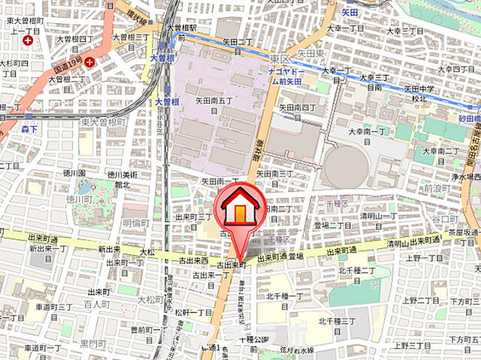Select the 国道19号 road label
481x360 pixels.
(x=67, y=67)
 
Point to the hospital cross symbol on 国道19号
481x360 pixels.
(x=89, y=62)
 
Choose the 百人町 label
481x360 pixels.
(x=98, y=304)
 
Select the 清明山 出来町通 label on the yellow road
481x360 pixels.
(x=425, y=245)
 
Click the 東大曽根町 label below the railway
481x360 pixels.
(x=102, y=123)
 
